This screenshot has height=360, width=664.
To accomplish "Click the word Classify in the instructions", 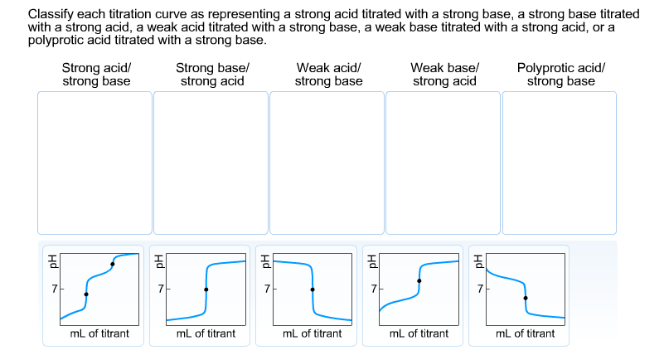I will tap(49, 16).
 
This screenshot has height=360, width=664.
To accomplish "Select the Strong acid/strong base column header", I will tap(95, 75).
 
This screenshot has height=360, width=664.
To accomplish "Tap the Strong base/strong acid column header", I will tap(211, 75).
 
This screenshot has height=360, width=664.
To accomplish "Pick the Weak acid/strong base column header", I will tap(328, 75).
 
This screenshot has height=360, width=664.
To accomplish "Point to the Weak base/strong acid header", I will tap(444, 75).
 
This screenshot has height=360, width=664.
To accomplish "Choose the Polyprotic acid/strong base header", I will tap(560, 75).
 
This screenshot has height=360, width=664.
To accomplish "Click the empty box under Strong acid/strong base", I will tap(95, 163).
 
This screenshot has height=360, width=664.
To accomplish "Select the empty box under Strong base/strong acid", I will tap(211, 163).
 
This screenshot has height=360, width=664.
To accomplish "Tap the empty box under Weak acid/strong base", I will tap(327, 163).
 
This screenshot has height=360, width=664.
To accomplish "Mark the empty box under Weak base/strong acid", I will tap(443, 163).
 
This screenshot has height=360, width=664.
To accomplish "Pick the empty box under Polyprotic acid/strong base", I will tap(560, 163).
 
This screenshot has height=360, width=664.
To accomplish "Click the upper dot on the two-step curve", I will tap(113, 264).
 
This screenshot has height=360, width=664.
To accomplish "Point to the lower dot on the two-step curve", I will tap(86, 294).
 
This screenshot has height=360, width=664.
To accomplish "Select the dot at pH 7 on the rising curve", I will tap(206, 289).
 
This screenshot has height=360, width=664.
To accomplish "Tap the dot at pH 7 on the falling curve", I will tap(312, 289).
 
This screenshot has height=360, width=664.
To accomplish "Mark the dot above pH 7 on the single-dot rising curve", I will tap(419, 281).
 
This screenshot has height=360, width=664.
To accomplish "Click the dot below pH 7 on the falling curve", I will tap(525, 298).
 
